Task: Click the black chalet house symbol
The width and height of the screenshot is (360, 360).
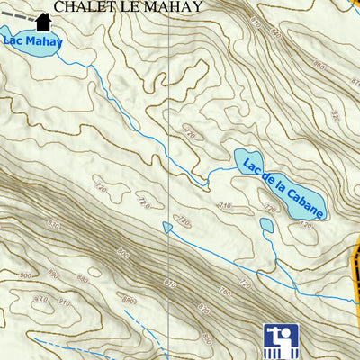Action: pos(42,21)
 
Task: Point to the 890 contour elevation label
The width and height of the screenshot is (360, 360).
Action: pos(55,274)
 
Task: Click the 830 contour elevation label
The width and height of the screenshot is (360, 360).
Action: pos(54,224)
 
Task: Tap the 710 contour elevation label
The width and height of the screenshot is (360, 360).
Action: pos(224,206)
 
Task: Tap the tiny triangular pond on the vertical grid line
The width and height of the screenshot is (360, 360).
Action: pos(167,228)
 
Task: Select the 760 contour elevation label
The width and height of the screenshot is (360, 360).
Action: pos(223,290)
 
